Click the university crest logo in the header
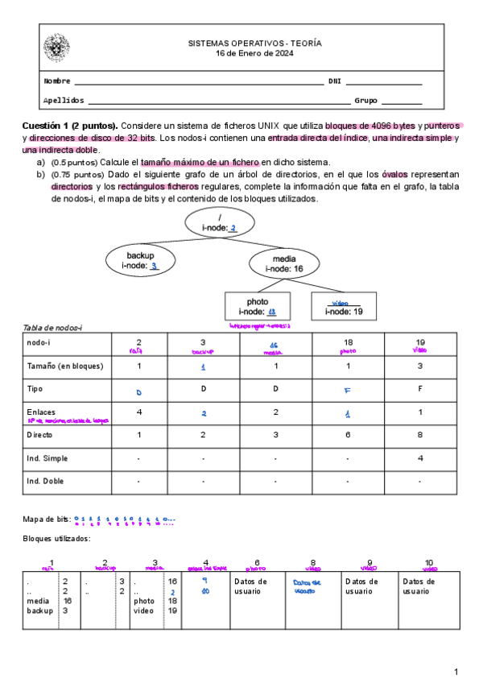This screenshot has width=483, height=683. coord(56,48)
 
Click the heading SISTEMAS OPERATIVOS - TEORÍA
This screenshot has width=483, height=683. coord(254,43)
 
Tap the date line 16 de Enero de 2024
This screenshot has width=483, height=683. coord(254,54)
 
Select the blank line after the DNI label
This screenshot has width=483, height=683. coord(384,81)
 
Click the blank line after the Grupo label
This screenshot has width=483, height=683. coord(401,101)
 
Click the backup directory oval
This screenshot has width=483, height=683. coord(140,260)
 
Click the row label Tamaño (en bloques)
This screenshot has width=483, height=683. coord(65,366)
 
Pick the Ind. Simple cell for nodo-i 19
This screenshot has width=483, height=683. coord(420,459)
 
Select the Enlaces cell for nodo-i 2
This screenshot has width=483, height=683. coord(138,412)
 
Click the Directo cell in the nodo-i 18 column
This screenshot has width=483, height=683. coord(348,436)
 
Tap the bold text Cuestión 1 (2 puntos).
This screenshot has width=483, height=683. coord(70,126)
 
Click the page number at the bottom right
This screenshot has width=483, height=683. coord(456,671)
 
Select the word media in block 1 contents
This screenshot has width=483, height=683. coord(37,601)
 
